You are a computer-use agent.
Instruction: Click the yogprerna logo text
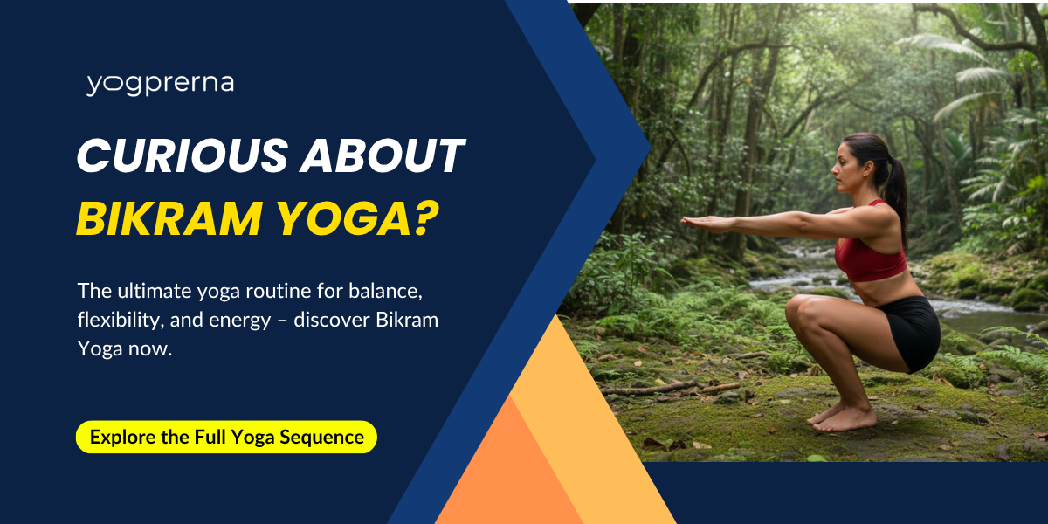[160, 85]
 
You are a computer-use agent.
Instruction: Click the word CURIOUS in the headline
[183, 155]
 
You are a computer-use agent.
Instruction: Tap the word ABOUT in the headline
[383, 155]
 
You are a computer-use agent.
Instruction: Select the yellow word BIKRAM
[169, 219]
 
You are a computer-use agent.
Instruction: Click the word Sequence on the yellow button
[322, 438]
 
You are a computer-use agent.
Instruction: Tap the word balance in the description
[385, 291]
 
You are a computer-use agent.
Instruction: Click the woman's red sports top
[869, 252]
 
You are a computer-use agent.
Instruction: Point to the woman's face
[845, 171]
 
